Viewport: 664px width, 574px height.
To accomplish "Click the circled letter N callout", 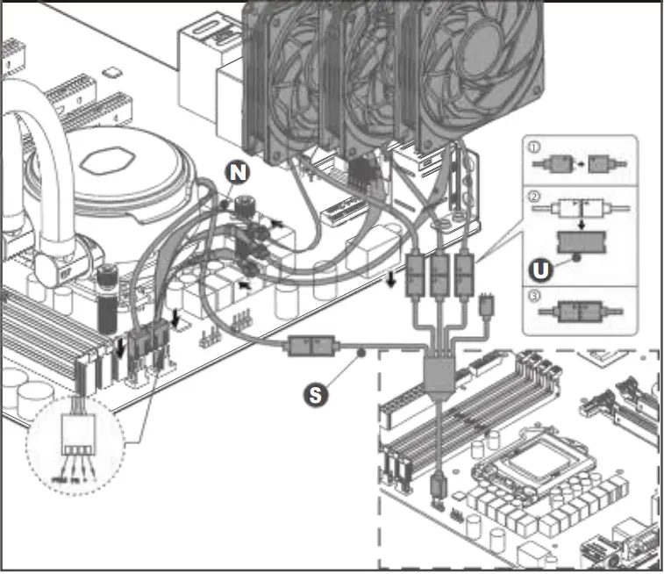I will (x=236, y=172).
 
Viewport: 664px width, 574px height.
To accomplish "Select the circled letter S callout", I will (x=317, y=394).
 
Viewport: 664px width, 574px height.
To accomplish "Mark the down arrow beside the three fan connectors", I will (x=389, y=279).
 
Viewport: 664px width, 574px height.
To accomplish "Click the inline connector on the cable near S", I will (x=311, y=348).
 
